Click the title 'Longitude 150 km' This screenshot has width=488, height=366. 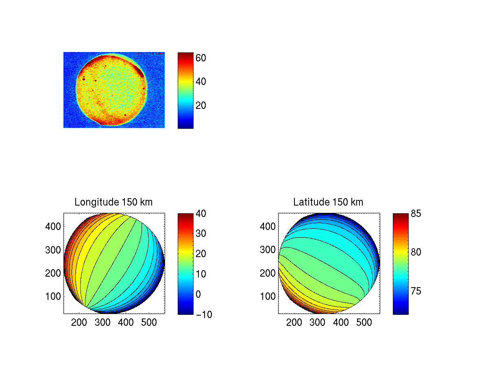point(113,202)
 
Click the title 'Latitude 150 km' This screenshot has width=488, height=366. point(328,202)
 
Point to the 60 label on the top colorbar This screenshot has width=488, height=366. point(201,58)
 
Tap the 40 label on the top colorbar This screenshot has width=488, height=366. point(201,82)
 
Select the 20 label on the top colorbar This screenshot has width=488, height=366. point(201,106)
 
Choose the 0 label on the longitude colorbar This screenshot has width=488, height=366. point(198,294)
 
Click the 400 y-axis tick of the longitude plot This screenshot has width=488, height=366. point(53,226)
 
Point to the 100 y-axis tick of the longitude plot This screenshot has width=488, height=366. point(53,296)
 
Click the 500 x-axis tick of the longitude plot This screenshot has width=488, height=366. point(149,323)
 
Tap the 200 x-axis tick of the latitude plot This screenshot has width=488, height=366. point(294,323)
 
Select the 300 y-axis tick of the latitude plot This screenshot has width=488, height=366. point(268,249)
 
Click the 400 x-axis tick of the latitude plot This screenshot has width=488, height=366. point(341,323)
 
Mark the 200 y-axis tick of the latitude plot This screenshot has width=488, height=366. point(268,273)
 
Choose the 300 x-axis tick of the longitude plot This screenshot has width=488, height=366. point(102,323)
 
